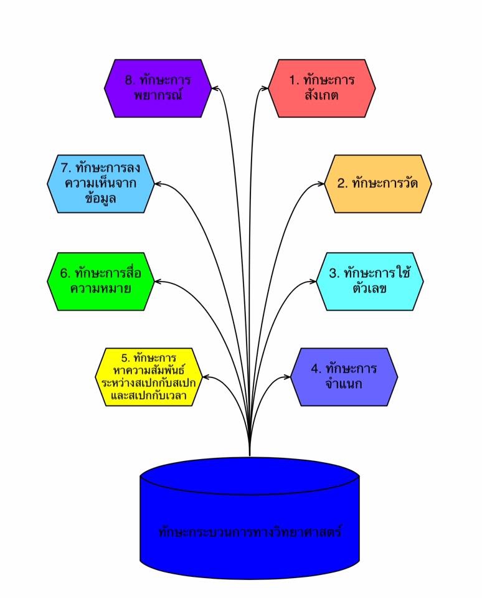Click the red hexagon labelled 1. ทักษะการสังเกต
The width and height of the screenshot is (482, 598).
(x=322, y=88)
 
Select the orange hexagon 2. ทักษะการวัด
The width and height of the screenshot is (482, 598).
(x=378, y=184)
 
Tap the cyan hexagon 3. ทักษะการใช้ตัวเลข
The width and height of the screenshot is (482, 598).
(x=370, y=281)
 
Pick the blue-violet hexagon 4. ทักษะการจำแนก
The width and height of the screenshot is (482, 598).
(x=344, y=376)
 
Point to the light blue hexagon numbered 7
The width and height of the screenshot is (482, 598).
(x=101, y=184)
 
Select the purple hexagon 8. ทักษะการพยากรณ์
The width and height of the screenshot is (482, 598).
(x=158, y=88)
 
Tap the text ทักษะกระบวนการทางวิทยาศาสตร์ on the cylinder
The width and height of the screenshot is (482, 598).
(x=250, y=533)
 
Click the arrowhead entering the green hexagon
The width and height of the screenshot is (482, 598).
(x=158, y=282)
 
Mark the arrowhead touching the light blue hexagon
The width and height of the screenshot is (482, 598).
(x=158, y=184)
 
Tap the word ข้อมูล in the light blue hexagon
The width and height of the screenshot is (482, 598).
(x=101, y=199)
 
